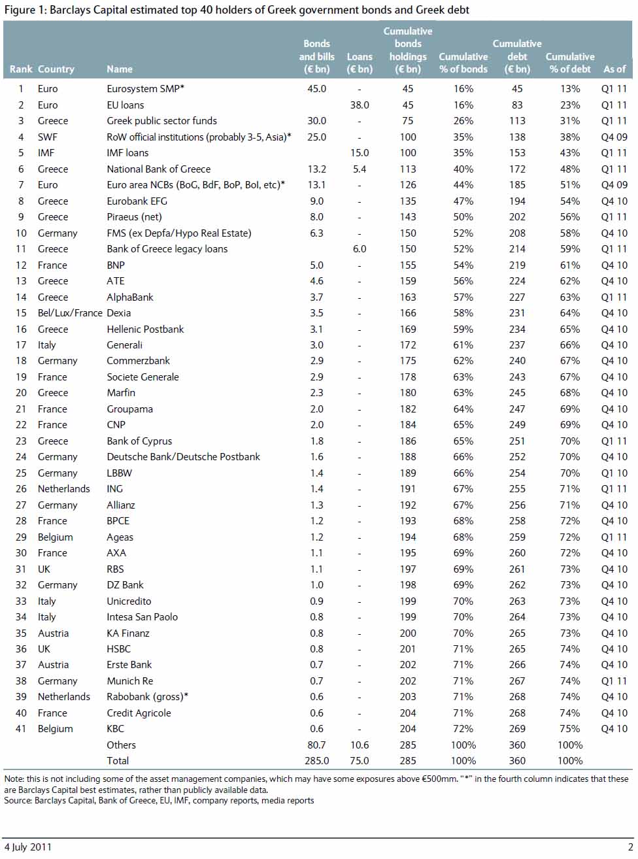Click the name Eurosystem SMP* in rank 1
pyautogui.click(x=145, y=89)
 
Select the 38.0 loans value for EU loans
pyautogui.click(x=359, y=105)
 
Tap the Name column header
pyautogui.click(x=120, y=69)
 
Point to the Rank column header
pyautogui.click(x=21, y=69)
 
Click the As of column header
pyautogui.click(x=614, y=69)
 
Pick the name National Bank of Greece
pyautogui.click(x=158, y=169)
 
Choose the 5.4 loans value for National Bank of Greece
pyautogui.click(x=359, y=169)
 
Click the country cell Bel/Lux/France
pyautogui.click(x=70, y=313)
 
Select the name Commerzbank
pyautogui.click(x=138, y=361)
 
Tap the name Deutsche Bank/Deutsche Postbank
pyautogui.click(x=183, y=457)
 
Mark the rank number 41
pyautogui.click(x=21, y=729)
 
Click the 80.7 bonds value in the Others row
pyautogui.click(x=316, y=745)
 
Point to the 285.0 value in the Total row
pyautogui.click(x=316, y=761)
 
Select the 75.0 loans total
pyautogui.click(x=359, y=761)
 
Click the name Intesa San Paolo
pyautogui.click(x=142, y=617)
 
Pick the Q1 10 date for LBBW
pyautogui.click(x=614, y=473)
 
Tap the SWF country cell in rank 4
pyautogui.click(x=47, y=137)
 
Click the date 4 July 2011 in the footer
pyautogui.click(x=27, y=847)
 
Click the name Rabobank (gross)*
pyautogui.click(x=147, y=697)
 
